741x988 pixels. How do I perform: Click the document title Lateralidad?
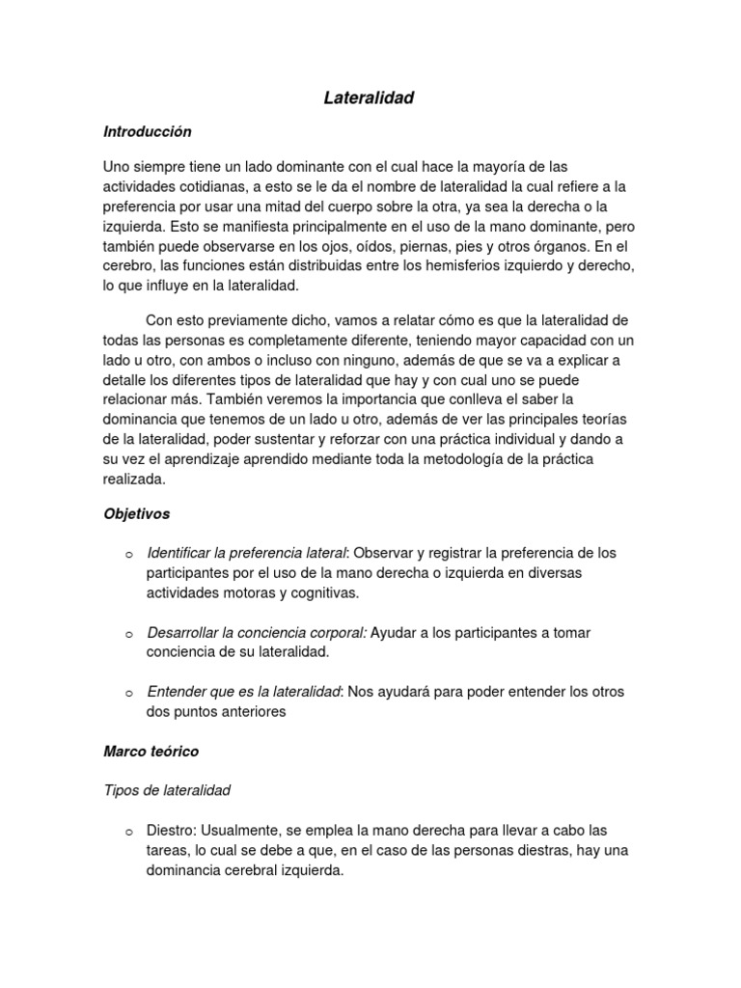pyautogui.click(x=369, y=97)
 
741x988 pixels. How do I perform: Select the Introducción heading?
pyautogui.click(x=148, y=131)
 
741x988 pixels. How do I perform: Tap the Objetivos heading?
pyautogui.click(x=136, y=514)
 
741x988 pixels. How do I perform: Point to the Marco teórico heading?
pyautogui.click(x=151, y=750)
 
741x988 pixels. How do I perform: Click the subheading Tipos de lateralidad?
pyautogui.click(x=167, y=790)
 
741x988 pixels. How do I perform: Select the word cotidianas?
pyautogui.click(x=211, y=186)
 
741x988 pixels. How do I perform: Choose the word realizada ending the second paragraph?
pyautogui.click(x=135, y=479)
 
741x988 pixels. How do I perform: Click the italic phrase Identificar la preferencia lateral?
pyautogui.click(x=246, y=554)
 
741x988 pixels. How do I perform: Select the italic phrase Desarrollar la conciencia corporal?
pyautogui.click(x=257, y=633)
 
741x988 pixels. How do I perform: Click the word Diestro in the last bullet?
pyautogui.click(x=170, y=830)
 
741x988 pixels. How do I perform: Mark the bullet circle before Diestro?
pyautogui.click(x=127, y=831)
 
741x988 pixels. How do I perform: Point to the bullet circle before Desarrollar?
pyautogui.click(x=127, y=634)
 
